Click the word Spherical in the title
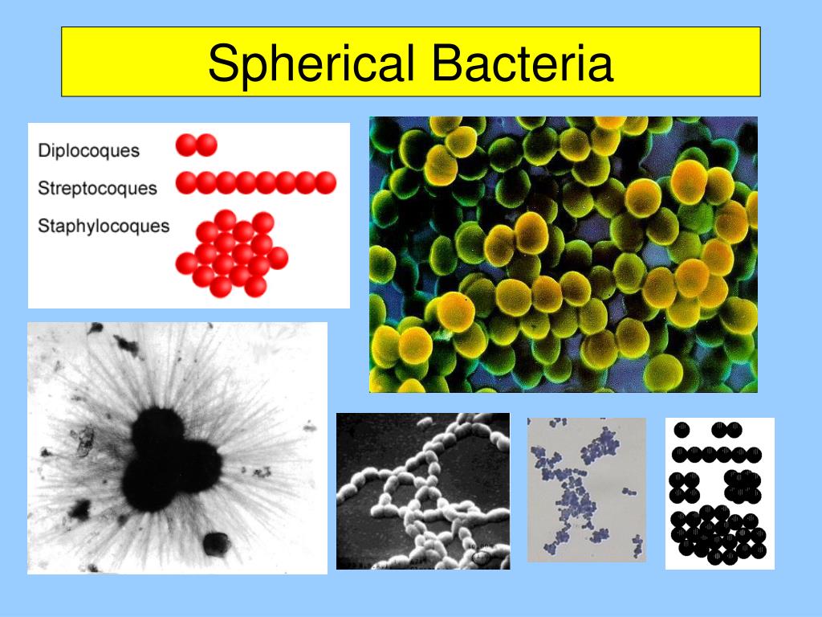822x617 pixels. tap(312, 65)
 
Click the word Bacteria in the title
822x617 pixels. tap(521, 65)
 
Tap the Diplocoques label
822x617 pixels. tap(88, 150)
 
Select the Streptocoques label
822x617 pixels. tap(97, 188)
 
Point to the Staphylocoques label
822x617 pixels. tap(104, 226)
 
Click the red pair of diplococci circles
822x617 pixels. tap(197, 145)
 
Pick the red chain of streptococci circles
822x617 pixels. tap(255, 183)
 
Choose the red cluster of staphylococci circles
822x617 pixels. tap(232, 253)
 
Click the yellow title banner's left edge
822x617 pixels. tap(63, 62)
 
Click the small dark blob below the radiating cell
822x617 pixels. tap(215, 544)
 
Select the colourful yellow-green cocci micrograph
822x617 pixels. tap(563, 255)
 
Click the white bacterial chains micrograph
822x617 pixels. tap(422, 491)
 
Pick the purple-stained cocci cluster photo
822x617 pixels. tap(585, 489)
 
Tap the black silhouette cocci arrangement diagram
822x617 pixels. tap(719, 493)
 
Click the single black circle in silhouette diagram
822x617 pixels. tap(682, 431)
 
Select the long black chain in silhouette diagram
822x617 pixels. tap(717, 456)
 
